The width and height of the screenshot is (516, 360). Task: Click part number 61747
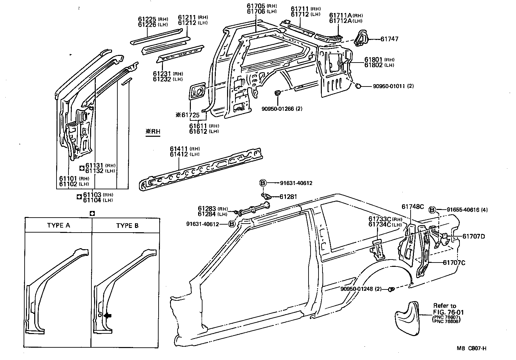tap(389, 39)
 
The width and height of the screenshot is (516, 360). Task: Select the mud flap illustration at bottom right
tap(406, 316)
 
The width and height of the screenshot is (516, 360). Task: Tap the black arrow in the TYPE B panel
tap(108, 315)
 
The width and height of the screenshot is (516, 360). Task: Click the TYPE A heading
tap(59, 225)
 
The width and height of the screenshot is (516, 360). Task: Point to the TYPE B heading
tap(127, 225)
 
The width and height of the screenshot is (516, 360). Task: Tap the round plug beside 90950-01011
tap(358, 86)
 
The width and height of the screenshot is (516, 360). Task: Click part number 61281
tap(288, 197)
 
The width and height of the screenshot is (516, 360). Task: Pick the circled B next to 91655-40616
tap(432, 210)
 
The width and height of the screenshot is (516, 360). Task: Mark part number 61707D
tap(473, 237)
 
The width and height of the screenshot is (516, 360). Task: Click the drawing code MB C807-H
tap(471, 348)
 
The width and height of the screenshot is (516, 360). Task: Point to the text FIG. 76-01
tap(448, 312)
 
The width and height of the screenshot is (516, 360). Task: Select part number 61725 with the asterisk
tap(188, 115)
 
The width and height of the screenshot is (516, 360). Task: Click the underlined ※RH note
tap(153, 131)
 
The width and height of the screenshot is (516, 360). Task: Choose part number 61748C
tap(413, 207)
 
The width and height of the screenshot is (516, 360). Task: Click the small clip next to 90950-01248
tap(392, 289)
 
